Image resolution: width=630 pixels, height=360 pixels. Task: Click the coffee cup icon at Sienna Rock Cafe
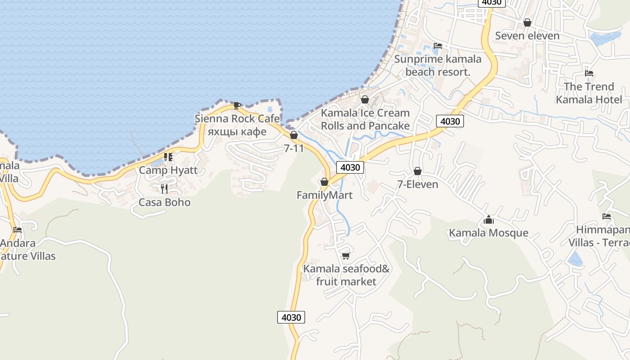coord(237,105)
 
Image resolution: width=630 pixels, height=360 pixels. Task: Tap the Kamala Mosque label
coord(488,233)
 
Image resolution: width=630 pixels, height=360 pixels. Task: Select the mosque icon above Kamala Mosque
coord(488,220)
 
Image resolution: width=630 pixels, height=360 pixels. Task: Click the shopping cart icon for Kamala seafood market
coord(346,256)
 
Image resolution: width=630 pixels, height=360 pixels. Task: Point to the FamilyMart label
coord(324,195)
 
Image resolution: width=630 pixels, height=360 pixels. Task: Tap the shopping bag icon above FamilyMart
coord(324,182)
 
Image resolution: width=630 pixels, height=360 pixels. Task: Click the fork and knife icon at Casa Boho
coord(164,189)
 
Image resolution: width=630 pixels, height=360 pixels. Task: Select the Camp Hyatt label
coord(168,170)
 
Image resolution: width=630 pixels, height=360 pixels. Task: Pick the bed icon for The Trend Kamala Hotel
coord(589,73)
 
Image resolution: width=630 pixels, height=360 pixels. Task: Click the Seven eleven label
coord(527,36)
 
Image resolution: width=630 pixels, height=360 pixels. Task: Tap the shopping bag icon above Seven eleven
coord(527,22)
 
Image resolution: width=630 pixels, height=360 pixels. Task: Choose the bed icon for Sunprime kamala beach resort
coord(437,46)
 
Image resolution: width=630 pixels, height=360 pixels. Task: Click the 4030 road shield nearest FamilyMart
coord(350,167)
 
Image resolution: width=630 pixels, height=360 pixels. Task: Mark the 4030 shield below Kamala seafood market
coord(291,317)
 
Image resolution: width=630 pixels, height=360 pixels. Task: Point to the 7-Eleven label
coord(417,184)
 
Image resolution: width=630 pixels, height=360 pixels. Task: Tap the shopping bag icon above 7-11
coord(294,135)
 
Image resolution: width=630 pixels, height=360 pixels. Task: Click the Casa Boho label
coord(164,202)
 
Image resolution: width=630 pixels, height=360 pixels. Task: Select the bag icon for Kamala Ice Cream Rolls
coord(365,99)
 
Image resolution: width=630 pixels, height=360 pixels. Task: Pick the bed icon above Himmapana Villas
coord(606,216)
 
